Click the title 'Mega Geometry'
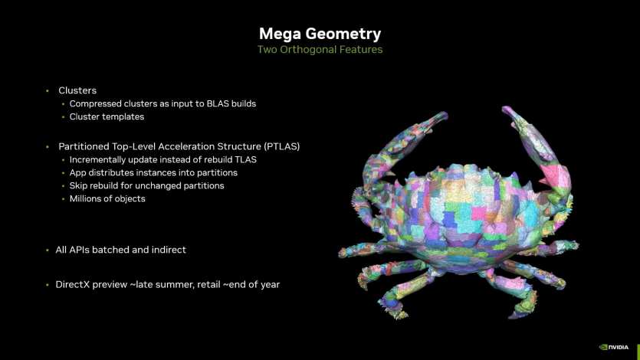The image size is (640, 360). [320, 34]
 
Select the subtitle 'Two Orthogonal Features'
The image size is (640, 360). [320, 50]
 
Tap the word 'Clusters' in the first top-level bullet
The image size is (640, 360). [77, 90]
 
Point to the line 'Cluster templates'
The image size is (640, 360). [107, 116]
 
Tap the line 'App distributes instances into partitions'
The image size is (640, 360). [153, 172]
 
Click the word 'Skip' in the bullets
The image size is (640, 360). [79, 185]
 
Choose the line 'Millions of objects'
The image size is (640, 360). [107, 198]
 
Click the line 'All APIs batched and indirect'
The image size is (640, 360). [120, 250]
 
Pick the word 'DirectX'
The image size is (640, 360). [74, 284]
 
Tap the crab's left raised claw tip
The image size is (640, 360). [440, 117]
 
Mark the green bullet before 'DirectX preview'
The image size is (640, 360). [47, 284]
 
